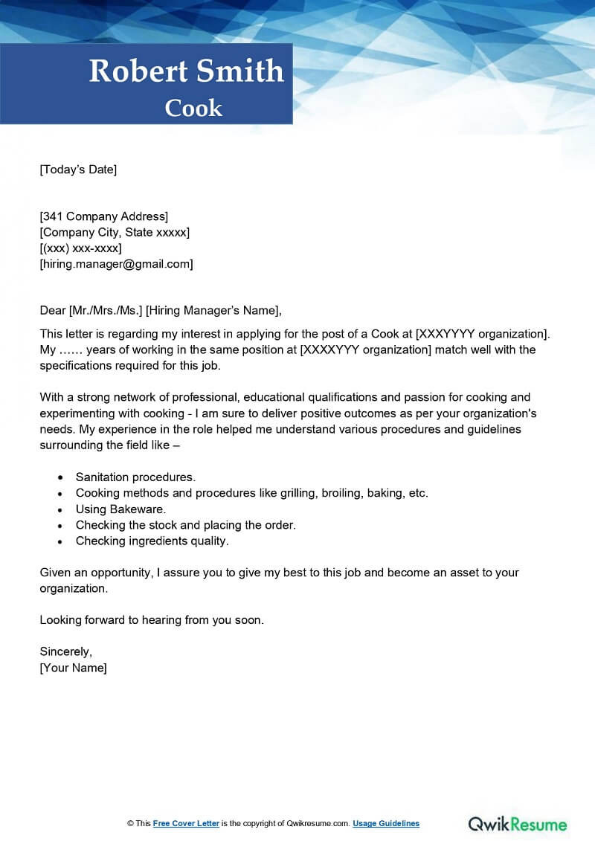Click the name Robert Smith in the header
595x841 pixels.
[187, 71]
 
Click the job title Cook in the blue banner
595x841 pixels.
[193, 108]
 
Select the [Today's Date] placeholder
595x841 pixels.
[78, 170]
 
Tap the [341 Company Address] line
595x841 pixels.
[104, 216]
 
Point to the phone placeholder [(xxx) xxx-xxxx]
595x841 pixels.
[80, 248]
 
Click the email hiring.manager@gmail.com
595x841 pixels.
[116, 263]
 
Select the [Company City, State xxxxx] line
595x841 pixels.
[115, 232]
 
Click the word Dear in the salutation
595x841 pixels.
[53, 310]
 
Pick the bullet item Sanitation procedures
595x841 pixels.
[135, 477]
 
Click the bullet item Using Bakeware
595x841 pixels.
[120, 509]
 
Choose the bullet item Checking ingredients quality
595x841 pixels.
[152, 541]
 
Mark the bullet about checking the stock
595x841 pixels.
[186, 525]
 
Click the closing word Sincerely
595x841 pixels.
[65, 651]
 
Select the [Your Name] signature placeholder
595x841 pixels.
[73, 668]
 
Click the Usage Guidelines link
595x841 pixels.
[386, 823]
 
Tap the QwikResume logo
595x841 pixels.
[518, 823]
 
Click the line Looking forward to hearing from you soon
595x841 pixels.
[152, 619]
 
